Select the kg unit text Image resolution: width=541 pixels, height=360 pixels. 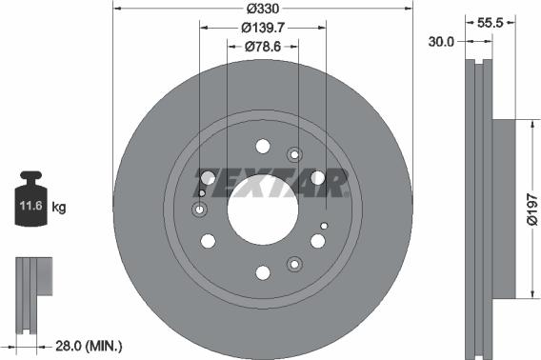(58, 206)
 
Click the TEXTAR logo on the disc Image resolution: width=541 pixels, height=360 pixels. (262, 180)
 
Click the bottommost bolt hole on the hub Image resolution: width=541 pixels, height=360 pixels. (262, 273)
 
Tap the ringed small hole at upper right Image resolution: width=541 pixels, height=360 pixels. (293, 154)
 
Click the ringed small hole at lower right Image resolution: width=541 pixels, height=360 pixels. (293, 264)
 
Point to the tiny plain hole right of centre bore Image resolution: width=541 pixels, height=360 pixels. (324, 225)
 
